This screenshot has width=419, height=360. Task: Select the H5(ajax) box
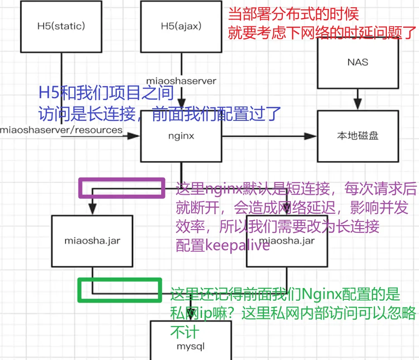[181, 26]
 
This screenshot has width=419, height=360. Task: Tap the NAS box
[357, 62]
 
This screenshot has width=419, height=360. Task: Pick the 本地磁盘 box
[357, 136]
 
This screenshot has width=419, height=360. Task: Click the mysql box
[190, 346]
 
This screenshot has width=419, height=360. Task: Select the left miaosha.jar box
[92, 240]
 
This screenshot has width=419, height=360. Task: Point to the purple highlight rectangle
[121, 187]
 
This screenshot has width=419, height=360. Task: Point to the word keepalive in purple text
[237, 245]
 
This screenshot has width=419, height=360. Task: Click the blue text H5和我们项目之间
[106, 93]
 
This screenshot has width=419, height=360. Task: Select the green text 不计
[184, 332]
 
